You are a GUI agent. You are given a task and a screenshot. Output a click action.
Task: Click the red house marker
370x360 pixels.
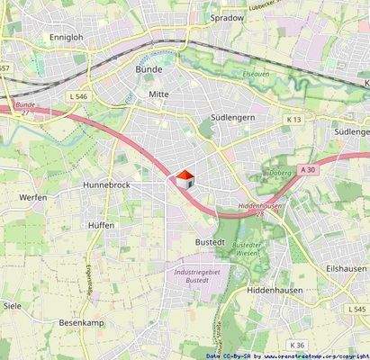[185, 178]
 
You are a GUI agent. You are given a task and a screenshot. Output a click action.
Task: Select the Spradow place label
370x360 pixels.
[226, 17]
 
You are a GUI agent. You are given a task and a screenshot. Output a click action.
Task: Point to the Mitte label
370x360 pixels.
[158, 94]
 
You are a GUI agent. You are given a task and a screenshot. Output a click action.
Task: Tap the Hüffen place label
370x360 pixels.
[102, 225]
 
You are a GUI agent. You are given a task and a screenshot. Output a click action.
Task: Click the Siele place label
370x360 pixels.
[13, 306]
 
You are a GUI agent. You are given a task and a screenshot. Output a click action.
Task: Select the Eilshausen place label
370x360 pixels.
[346, 268]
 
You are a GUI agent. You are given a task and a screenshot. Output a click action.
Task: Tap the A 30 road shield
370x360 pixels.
[309, 169]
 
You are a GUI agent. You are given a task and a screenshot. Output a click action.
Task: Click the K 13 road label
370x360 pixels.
[294, 119]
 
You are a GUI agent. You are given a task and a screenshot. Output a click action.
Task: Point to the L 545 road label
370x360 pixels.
[357, 310]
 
